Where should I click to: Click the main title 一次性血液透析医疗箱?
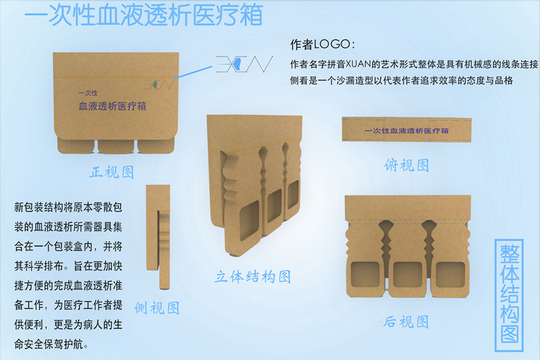tap(144, 14)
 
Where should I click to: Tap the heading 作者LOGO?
tap(323, 44)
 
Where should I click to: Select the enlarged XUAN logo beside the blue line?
tap(244, 64)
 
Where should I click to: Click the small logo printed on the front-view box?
tap(159, 84)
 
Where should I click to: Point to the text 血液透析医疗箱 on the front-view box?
tap(112, 106)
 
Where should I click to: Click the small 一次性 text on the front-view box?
tap(88, 93)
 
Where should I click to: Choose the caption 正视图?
tap(112, 172)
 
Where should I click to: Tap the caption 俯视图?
tap(407, 165)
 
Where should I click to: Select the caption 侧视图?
tap(157, 307)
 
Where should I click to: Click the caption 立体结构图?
tap(252, 276)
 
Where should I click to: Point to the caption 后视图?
tap(406, 322)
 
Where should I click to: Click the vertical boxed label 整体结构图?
tap(510, 295)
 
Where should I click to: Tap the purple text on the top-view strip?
tap(406, 131)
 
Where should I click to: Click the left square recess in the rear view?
tap(365, 274)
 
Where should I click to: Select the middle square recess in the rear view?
tap(408, 274)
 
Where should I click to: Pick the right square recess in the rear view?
tap(450, 274)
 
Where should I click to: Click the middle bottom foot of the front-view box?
tap(115, 147)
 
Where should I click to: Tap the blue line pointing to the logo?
tap(193, 72)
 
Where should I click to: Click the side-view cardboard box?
tap(158, 237)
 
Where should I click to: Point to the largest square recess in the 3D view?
tap(248, 221)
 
